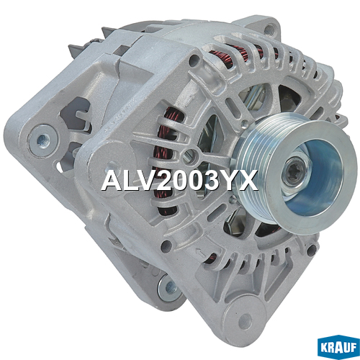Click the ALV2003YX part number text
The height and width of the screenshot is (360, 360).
(x=179, y=181)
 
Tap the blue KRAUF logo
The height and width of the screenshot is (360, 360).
(x=338, y=348)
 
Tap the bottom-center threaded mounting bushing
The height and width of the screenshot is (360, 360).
(x=171, y=287)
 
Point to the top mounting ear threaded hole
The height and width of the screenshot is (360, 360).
(x=269, y=29)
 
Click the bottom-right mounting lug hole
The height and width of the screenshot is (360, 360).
(x=246, y=322)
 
